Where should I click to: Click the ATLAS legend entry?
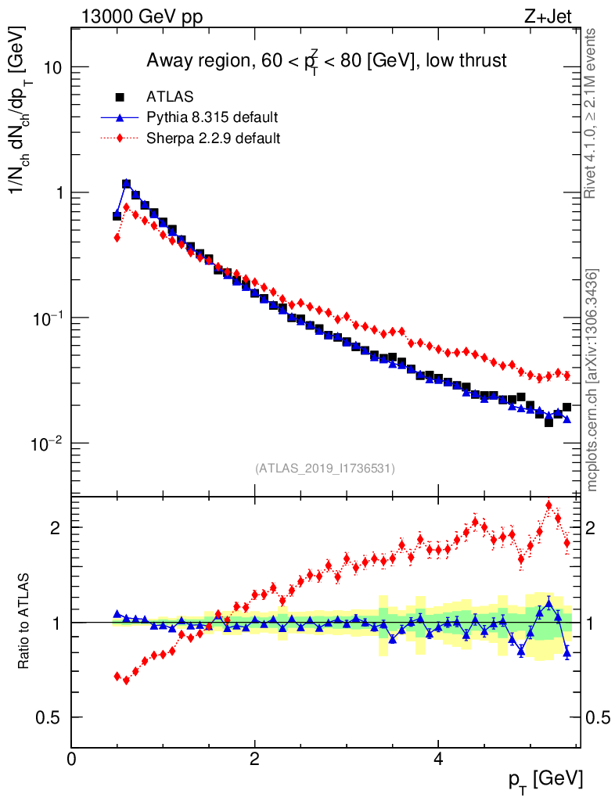click(x=170, y=97)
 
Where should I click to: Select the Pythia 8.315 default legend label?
click(x=211, y=118)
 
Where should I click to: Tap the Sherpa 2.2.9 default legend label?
click(x=214, y=138)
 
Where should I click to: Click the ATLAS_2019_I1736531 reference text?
click(x=325, y=469)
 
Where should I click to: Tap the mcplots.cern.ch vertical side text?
click(x=592, y=379)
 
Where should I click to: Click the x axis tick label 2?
click(x=255, y=759)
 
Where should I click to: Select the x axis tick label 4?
click(x=438, y=759)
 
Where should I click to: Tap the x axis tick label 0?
click(x=72, y=759)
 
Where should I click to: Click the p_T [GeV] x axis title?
click(x=545, y=780)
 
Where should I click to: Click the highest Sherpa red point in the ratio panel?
click(x=548, y=505)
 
